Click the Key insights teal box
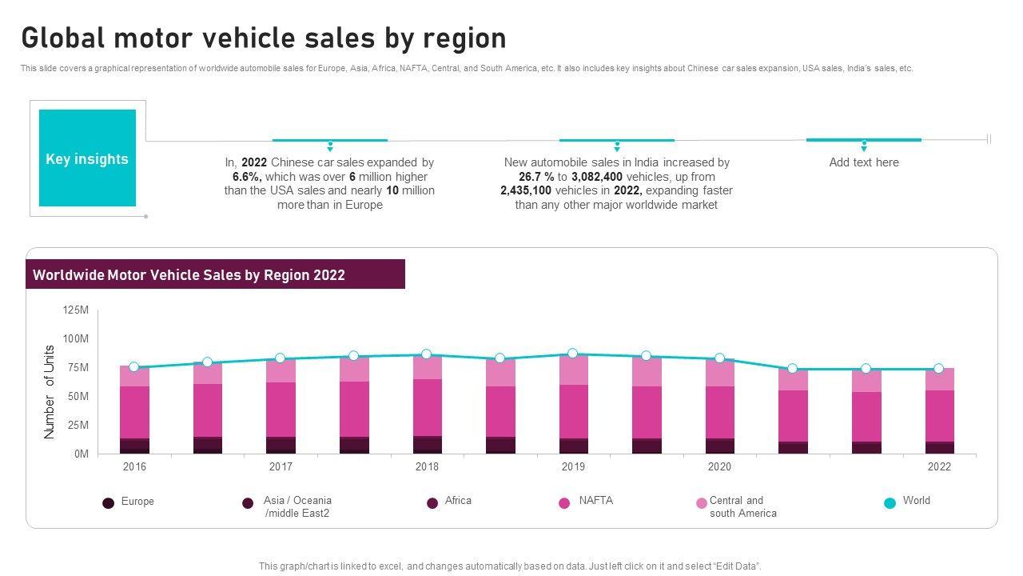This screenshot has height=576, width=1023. [x=87, y=158]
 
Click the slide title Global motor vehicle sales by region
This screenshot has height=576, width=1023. [x=263, y=38]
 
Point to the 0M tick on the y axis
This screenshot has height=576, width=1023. [x=81, y=454]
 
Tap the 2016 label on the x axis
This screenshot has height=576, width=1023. [x=134, y=466]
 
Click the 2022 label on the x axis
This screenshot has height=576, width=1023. [x=939, y=466]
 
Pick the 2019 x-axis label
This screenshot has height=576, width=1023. [x=573, y=466]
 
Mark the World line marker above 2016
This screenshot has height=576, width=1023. [x=134, y=367]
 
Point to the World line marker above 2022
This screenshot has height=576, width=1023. [x=939, y=369]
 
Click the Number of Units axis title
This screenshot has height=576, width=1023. [x=50, y=392]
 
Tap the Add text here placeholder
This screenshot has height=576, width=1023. [x=864, y=162]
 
